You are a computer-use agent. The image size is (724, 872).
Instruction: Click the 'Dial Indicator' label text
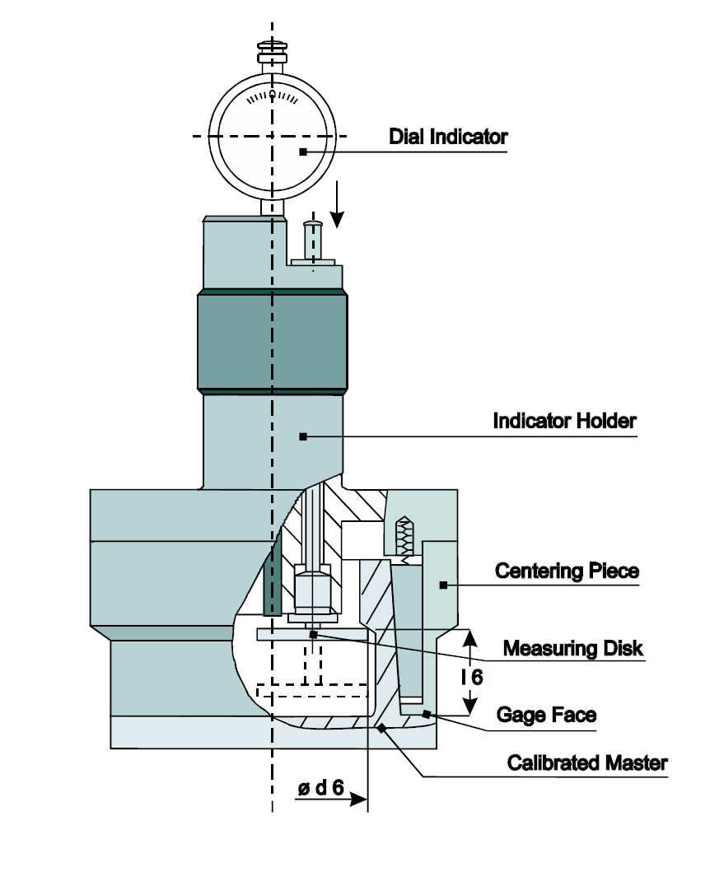pos(448,137)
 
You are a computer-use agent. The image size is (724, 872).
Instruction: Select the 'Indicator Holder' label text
pos(564,421)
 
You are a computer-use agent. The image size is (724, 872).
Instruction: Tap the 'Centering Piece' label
pos(567,571)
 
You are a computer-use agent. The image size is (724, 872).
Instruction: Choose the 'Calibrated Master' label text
pos(586,762)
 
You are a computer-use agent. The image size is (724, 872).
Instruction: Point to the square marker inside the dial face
pos(303,152)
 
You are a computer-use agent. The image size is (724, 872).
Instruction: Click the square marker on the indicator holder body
pos(303,436)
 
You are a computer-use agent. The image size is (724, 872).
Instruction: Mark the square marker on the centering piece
pos(442,585)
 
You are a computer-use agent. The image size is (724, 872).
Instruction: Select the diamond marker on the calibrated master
pos(380,727)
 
